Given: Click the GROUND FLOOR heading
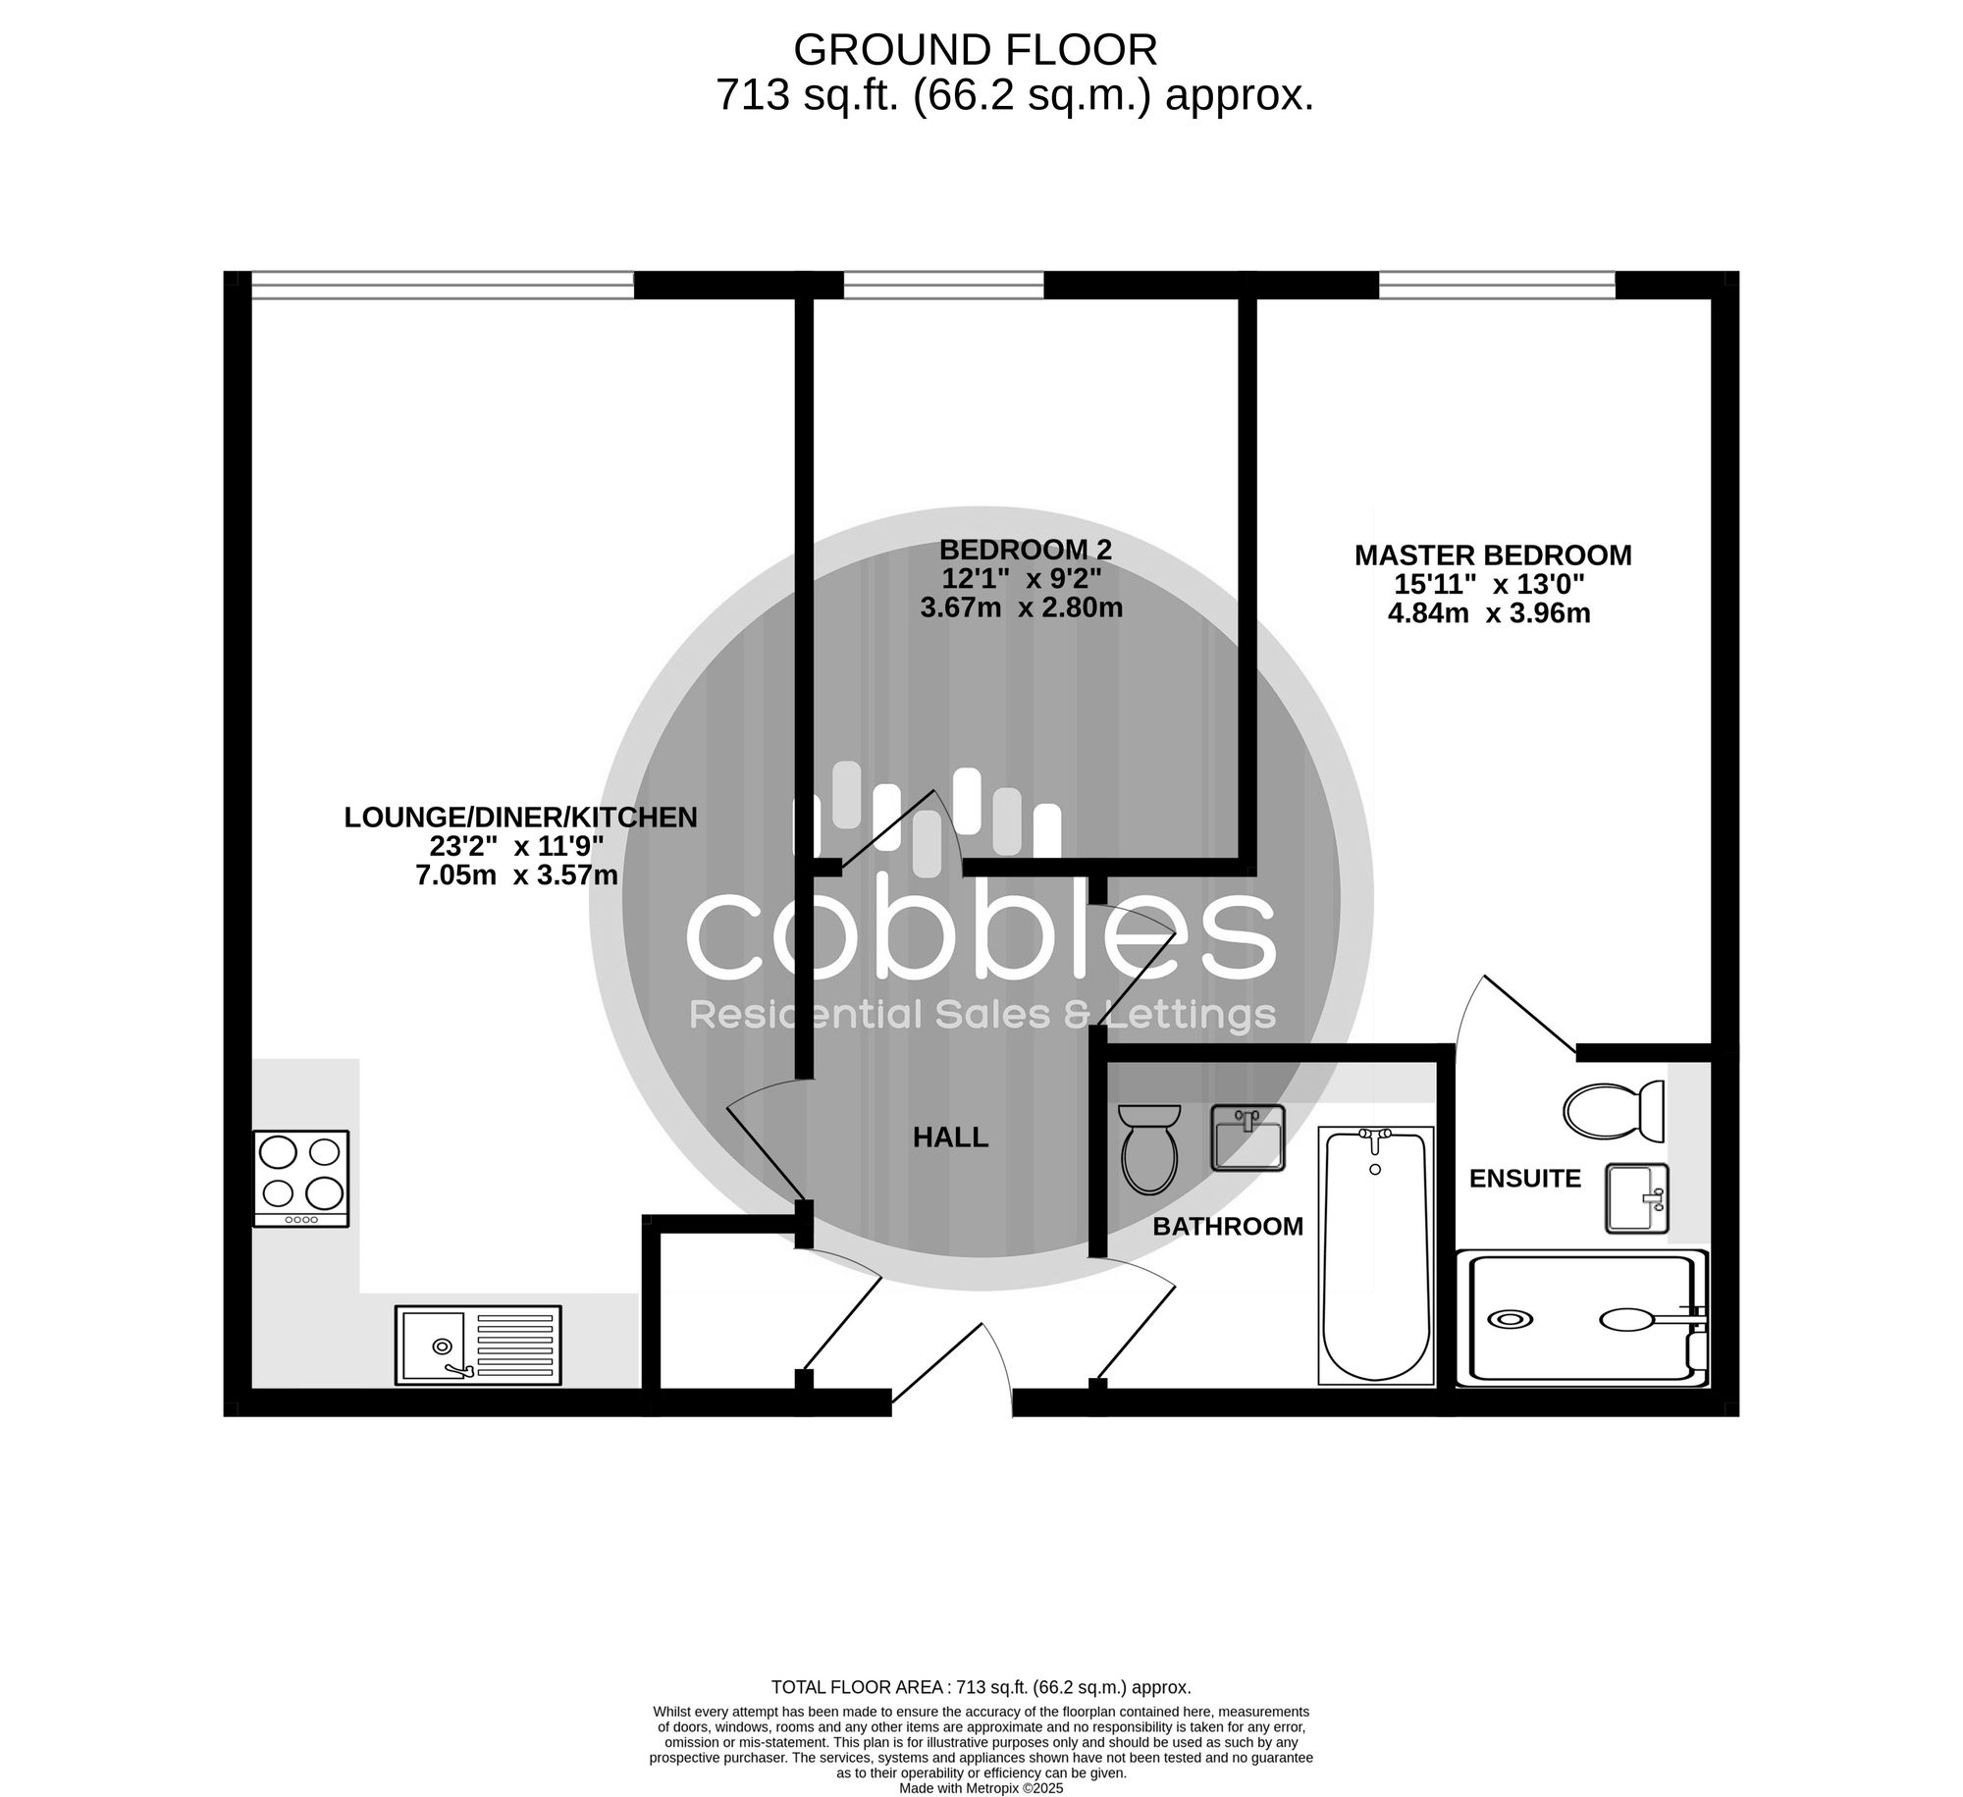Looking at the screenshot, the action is (976, 49).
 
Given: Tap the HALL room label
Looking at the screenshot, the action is (950, 1137).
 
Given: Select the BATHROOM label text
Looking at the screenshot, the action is (1228, 1226).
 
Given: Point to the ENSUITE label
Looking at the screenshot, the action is (1525, 1178).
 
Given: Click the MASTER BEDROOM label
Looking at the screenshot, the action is (1493, 555).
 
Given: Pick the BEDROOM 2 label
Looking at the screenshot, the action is (1026, 549).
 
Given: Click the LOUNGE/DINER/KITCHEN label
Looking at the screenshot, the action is (520, 817).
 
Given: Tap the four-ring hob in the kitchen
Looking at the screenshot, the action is (301, 1178).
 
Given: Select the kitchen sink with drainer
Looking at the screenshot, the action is (478, 1345).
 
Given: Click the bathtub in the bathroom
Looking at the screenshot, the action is (1375, 1256).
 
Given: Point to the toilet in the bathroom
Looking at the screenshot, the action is (1149, 1147).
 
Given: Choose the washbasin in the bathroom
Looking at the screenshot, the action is (1247, 1137).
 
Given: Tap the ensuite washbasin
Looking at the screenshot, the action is (1637, 1197).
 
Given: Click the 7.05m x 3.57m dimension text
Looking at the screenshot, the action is (517, 874).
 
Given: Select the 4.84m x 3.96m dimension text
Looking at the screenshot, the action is (1489, 613).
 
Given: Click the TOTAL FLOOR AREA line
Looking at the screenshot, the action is (981, 1688).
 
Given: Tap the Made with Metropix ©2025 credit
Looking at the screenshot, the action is (981, 1789).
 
